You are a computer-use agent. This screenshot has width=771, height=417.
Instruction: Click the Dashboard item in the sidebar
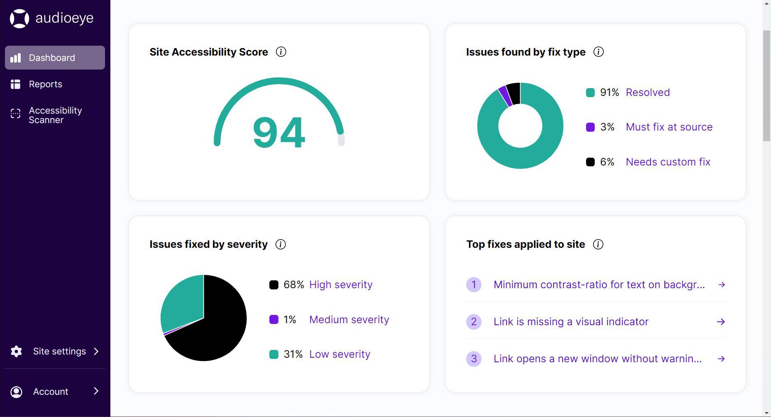coord(52,58)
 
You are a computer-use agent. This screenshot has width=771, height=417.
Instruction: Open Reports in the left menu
coord(45,84)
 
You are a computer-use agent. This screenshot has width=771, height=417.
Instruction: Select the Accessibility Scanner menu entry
coord(55,115)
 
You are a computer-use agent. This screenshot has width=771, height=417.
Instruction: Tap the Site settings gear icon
coord(16,352)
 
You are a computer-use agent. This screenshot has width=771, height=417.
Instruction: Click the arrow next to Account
coord(96,391)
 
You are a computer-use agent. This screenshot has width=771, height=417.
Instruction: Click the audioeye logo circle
coord(19,19)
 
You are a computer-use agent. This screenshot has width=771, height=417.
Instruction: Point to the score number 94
coord(279,133)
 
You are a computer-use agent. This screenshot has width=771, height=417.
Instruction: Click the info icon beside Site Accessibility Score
coord(281,52)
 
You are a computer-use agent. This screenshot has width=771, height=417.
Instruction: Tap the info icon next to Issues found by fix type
coord(598,52)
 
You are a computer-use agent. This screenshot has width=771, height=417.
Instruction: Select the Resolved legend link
coord(647,92)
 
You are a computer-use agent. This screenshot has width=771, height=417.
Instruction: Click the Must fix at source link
coord(669,127)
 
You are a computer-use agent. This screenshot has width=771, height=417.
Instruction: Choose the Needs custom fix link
coord(668,162)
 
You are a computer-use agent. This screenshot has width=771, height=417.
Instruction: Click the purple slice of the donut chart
coord(505,96)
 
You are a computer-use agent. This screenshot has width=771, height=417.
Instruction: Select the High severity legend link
coord(341,284)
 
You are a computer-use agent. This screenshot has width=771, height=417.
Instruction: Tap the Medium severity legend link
coord(349,319)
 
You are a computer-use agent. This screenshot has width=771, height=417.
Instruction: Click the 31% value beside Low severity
coord(293,354)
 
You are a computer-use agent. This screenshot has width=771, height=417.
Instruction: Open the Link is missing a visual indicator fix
coord(571,321)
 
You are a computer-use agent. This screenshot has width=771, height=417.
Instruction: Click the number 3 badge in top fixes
coord(474,359)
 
